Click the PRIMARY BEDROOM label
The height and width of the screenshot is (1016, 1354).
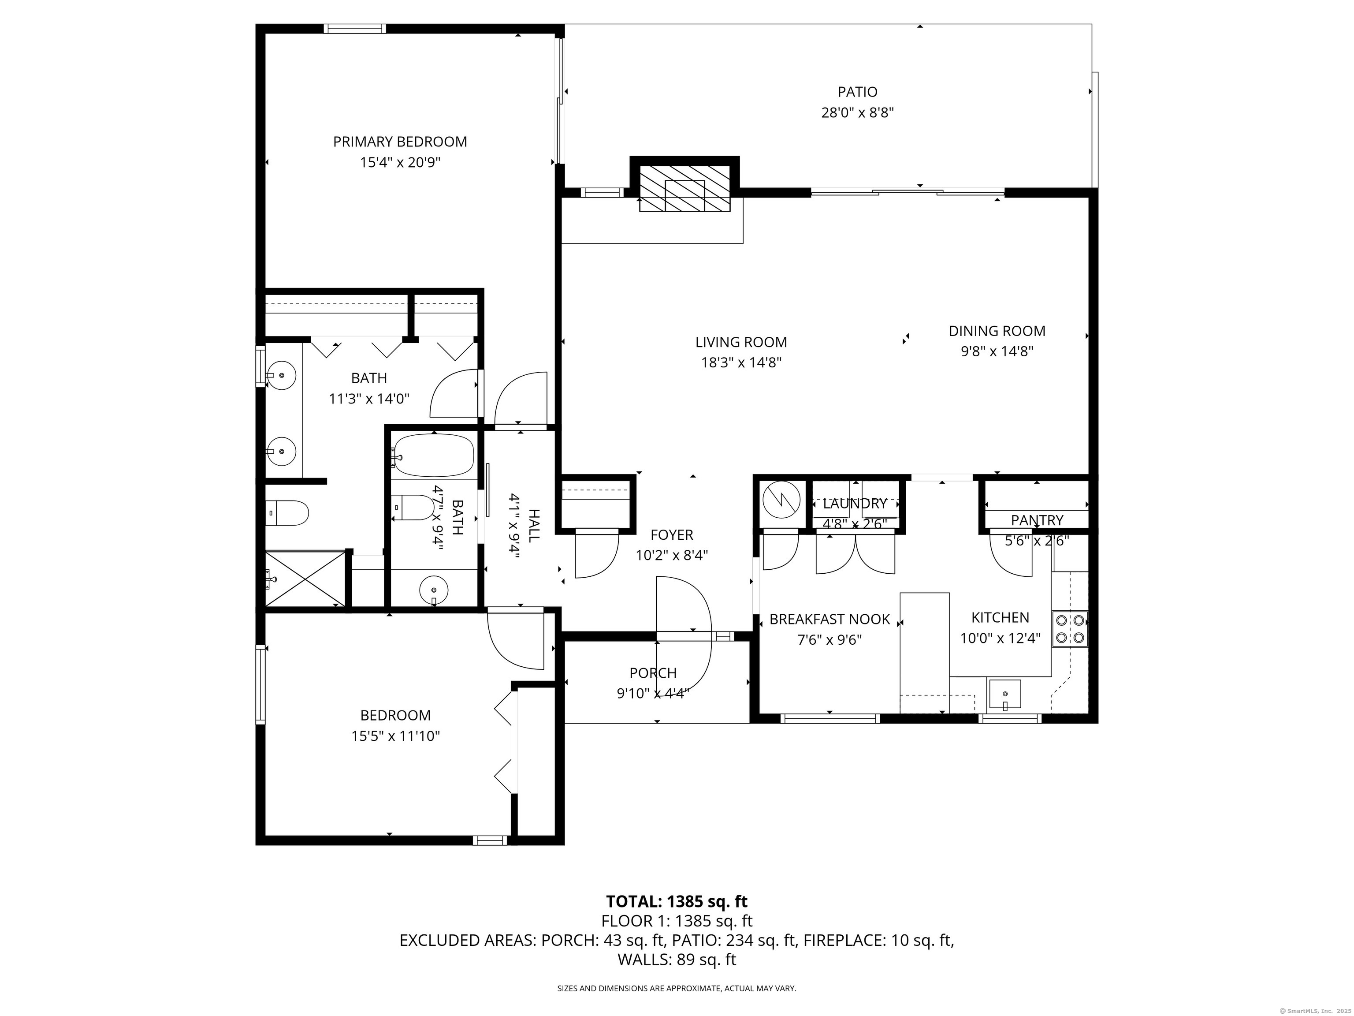400,142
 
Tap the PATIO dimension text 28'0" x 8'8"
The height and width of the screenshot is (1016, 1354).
858,113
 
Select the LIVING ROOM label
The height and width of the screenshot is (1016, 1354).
740,342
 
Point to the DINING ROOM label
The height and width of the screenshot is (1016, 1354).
997,331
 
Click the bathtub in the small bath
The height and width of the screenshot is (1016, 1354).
433,456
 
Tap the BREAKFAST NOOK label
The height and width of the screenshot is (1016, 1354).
830,619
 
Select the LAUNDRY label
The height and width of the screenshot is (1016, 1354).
855,504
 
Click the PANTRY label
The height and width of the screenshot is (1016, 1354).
1037,520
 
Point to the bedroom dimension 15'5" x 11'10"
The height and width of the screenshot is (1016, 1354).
395,736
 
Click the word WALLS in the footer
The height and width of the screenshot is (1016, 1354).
640,960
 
